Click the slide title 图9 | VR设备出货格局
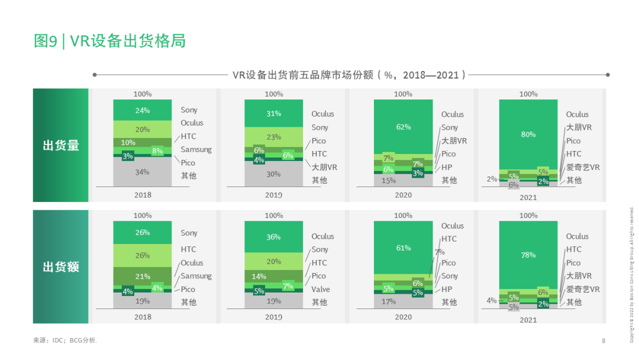(x=110, y=41)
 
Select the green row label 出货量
(x=60, y=146)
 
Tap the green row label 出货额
(x=60, y=267)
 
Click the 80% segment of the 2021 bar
(x=528, y=134)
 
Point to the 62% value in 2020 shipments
(x=403, y=126)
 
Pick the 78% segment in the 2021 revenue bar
(x=528, y=255)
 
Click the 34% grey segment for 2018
(x=142, y=172)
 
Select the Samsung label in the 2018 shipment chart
(x=196, y=149)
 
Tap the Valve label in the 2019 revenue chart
(x=321, y=290)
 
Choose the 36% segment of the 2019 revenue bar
(x=273, y=237)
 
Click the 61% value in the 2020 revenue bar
(x=403, y=247)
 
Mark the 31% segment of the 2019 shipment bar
(x=273, y=114)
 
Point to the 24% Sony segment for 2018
(x=142, y=110)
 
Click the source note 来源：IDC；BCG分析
(x=64, y=340)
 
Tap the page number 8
(x=603, y=340)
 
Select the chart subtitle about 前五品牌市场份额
(x=349, y=75)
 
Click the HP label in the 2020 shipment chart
(x=446, y=167)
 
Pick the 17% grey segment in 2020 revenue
(x=388, y=301)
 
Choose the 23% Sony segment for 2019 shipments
(x=273, y=137)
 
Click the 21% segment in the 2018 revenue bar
(x=142, y=277)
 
